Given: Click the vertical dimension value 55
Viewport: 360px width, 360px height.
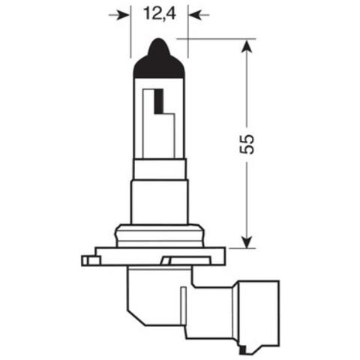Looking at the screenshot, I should tap(248, 144).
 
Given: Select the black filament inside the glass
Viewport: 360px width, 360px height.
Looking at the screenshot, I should tap(158, 100).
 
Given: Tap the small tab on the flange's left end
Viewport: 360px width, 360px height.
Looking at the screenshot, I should tap(91, 261).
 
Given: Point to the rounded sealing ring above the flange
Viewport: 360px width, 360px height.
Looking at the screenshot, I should tap(159, 234).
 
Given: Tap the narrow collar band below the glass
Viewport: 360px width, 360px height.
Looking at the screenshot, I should tap(159, 169).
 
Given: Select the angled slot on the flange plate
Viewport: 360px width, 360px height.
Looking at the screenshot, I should tap(181, 259).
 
